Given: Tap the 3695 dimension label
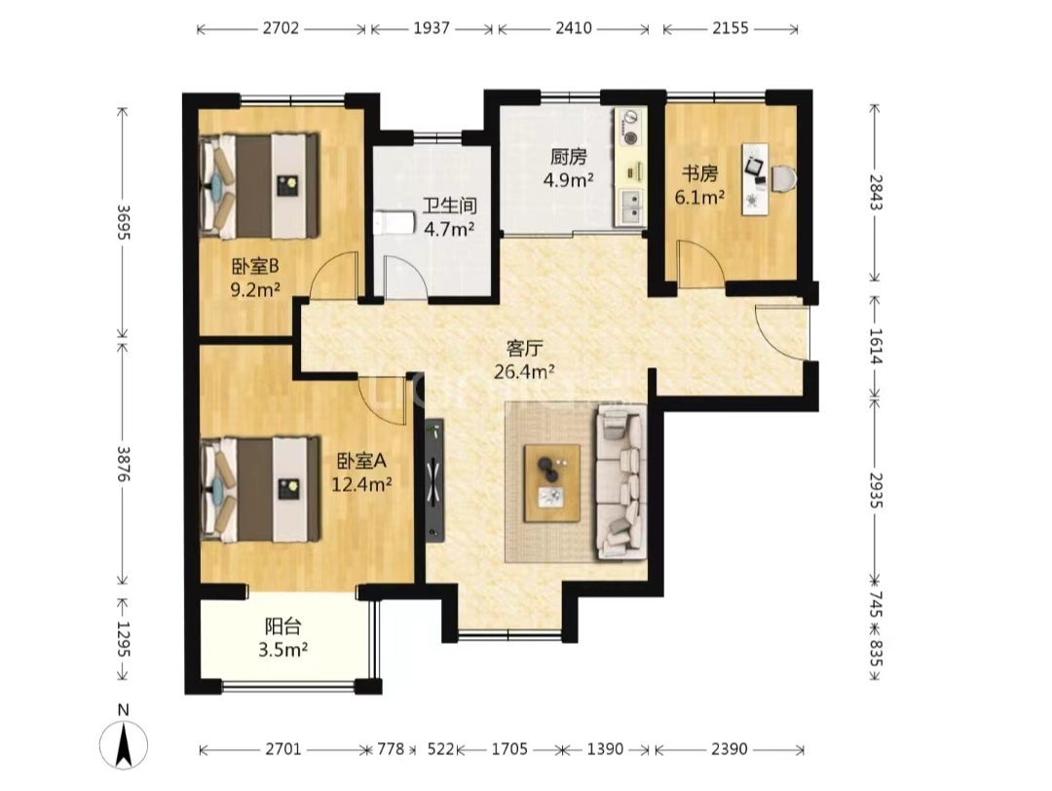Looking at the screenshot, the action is [123, 221].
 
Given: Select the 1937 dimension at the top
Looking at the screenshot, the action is [432, 29].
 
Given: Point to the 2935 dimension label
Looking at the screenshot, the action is [875, 490].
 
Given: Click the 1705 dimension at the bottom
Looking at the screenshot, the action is [509, 749].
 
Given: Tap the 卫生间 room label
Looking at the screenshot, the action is [449, 205].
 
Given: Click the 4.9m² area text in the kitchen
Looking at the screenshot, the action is [568, 180].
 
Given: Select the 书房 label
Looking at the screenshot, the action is [699, 174].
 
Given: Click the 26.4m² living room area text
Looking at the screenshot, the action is [524, 371].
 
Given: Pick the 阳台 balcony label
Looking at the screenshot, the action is [282, 627].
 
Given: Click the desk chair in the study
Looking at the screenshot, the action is [783, 179].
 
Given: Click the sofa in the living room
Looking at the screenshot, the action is [620, 481].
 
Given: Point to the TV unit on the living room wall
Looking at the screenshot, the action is [434, 479].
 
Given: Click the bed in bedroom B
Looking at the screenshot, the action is [259, 186].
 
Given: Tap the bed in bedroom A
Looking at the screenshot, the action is [260, 489].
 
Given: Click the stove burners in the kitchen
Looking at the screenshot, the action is [630, 129].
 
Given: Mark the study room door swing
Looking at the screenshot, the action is [700, 263].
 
